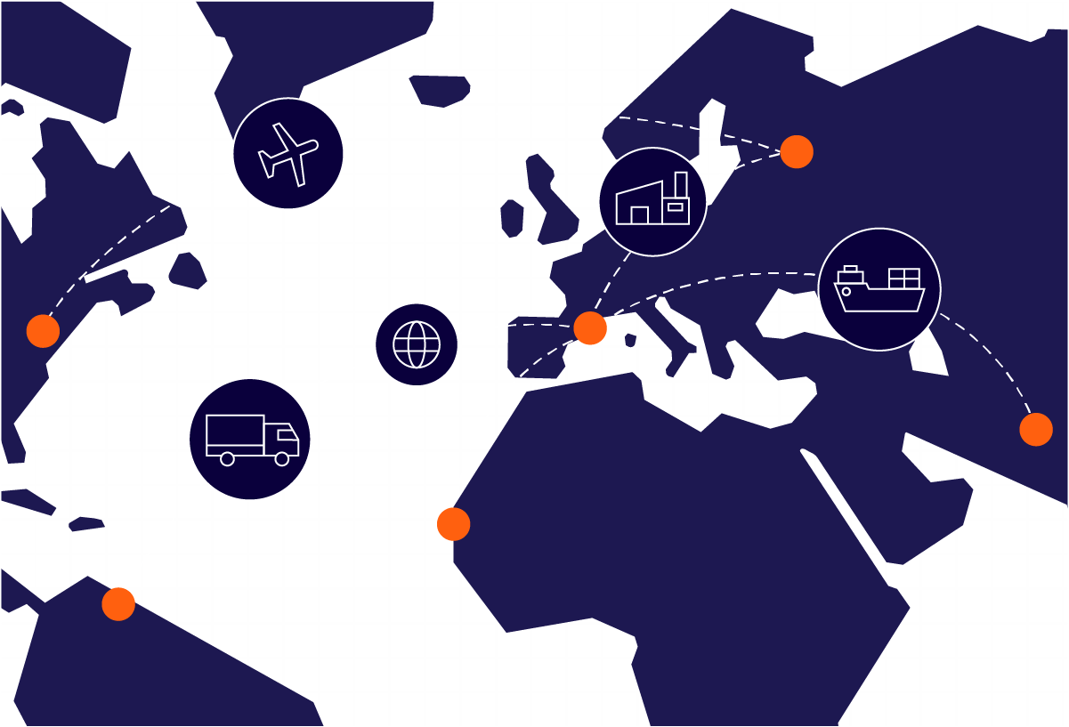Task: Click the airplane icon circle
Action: point(287,153)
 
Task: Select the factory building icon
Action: point(652,202)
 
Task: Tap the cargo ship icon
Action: point(879,289)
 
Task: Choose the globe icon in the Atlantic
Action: point(416,344)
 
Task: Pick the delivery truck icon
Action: point(250,439)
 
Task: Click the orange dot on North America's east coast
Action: point(43,331)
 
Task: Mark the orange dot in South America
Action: point(117,604)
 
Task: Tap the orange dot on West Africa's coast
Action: point(453,524)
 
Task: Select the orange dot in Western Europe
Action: point(589,327)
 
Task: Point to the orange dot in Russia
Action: point(797,151)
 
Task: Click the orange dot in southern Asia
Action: point(1035,429)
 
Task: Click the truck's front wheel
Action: point(282,459)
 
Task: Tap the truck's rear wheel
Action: point(227,459)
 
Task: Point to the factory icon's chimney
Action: point(681,184)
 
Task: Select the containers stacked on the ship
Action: point(903,278)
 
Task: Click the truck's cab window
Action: point(287,435)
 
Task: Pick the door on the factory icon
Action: point(639,215)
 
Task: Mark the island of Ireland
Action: point(511,218)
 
